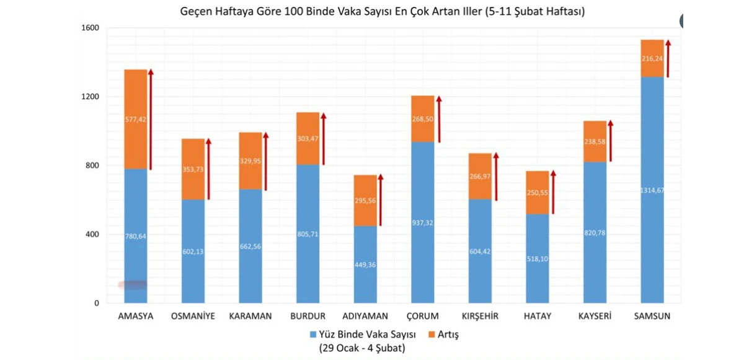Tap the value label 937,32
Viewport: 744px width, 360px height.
[423, 222]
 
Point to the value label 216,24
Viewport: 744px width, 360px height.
[652, 59]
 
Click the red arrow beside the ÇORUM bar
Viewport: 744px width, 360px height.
[439, 119]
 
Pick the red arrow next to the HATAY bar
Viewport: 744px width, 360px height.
[553, 192]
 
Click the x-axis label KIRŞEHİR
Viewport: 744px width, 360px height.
[480, 316]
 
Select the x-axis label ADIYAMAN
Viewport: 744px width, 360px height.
[366, 316]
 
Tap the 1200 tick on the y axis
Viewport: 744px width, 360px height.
[91, 97]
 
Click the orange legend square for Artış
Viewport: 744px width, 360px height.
[432, 335]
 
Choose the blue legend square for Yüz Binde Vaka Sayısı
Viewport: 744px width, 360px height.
[313, 335]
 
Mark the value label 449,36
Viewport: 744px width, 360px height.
[366, 265]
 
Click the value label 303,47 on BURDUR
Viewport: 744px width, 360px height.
[308, 139]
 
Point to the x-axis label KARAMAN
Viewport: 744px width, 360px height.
[250, 316]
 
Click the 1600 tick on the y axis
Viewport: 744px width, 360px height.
[91, 28]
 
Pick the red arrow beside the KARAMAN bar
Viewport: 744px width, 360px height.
[266, 161]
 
